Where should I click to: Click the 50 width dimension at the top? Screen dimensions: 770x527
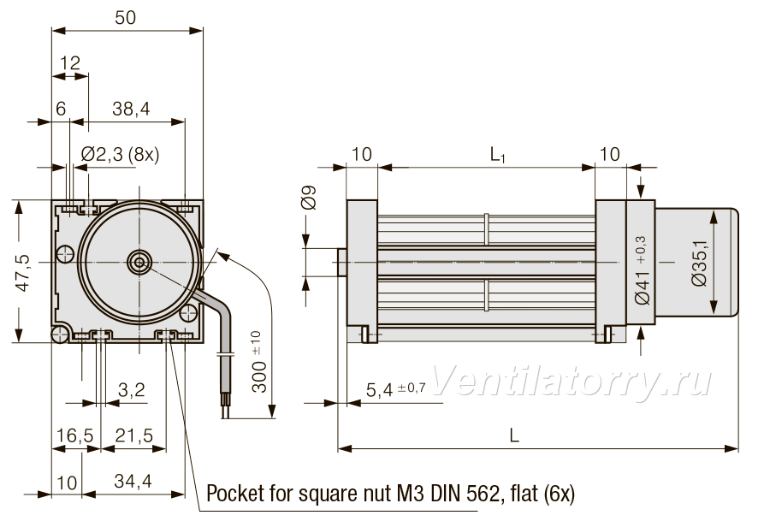pyautogui.click(x=125, y=18)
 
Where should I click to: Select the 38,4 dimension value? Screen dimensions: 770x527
pyautogui.click(x=131, y=109)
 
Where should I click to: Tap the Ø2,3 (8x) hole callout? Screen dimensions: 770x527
pyautogui.click(x=121, y=155)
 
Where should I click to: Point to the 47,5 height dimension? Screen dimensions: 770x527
pyautogui.click(x=24, y=273)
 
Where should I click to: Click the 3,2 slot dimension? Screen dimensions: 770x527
pyautogui.click(x=132, y=389)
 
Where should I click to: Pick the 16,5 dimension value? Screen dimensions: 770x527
pyautogui.click(x=74, y=435)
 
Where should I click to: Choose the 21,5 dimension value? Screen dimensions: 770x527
pyautogui.click(x=133, y=435)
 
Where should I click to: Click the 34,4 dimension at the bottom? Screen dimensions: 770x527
pyautogui.click(x=133, y=481)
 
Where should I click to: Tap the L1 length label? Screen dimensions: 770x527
pyautogui.click(x=497, y=155)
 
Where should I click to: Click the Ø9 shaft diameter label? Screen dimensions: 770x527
pyautogui.click(x=309, y=198)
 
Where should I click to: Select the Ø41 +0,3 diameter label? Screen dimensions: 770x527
pyautogui.click(x=642, y=270)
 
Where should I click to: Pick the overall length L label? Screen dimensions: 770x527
pyautogui.click(x=513, y=435)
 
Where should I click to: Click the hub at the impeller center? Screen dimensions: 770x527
pyautogui.click(x=139, y=263)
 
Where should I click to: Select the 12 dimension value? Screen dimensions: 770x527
pyautogui.click(x=70, y=62)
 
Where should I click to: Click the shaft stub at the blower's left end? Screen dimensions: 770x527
pyautogui.click(x=342, y=263)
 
